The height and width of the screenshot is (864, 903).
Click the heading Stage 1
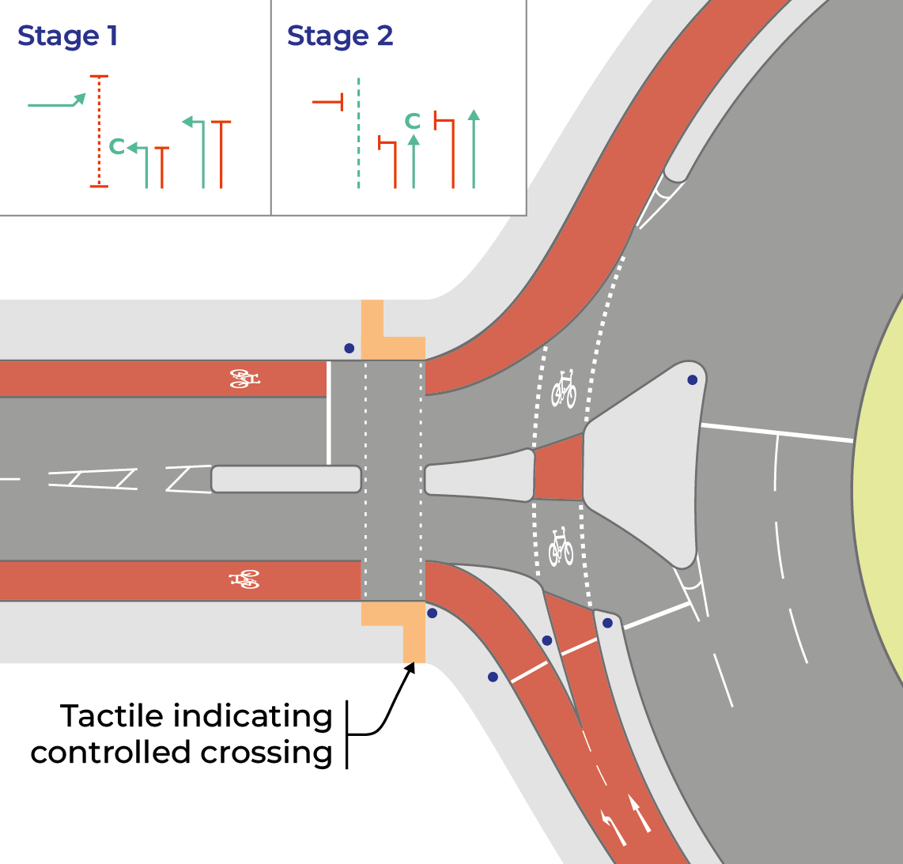coord(68,36)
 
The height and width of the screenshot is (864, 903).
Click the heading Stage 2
coord(339,36)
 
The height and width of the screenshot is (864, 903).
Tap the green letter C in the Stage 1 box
coord(116,146)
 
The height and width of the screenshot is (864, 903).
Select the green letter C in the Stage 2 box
coord(412,121)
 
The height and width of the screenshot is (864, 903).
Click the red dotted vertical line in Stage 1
coord(99,130)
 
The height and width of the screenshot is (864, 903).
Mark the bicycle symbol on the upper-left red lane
coord(244,379)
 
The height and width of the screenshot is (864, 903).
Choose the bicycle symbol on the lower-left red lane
coord(245,580)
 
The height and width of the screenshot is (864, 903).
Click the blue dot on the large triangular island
coord(692,380)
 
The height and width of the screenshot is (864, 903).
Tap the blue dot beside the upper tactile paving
coord(349,348)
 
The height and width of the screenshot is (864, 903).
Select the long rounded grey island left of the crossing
coord(286,479)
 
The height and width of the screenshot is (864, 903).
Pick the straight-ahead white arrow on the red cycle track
coord(640,814)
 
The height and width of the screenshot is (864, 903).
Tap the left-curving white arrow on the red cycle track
coord(612,826)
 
